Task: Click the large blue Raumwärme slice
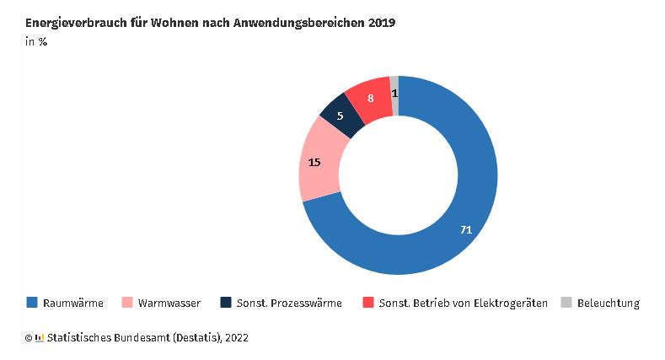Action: tap(438, 244)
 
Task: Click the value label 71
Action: tap(466, 229)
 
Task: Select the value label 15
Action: tap(314, 162)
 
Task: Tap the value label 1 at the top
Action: tap(394, 92)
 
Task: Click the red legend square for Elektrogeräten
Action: tap(367, 303)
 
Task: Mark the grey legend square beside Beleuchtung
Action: tap(566, 303)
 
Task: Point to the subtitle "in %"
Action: tap(35, 42)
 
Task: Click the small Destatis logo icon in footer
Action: tap(40, 338)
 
